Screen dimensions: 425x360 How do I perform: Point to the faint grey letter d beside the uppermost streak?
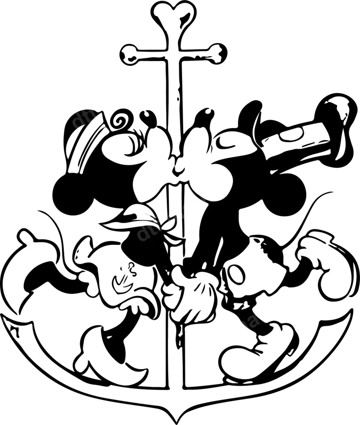(x=78, y=120)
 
